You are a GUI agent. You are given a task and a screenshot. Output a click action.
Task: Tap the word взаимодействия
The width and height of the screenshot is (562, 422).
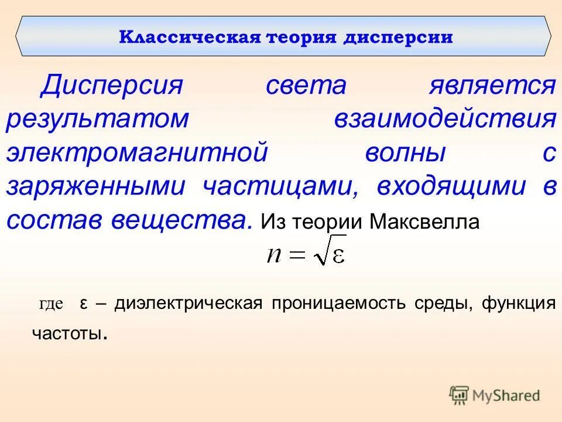tap(445, 119)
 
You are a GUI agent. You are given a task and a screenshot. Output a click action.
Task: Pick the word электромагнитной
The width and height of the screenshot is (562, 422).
tap(137, 153)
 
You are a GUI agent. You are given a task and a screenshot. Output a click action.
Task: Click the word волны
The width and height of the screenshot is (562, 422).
tap(406, 153)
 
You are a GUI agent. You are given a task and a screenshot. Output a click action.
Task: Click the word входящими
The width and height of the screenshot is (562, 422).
tap(451, 186)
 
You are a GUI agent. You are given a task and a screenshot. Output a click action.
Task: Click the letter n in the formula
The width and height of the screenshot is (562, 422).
tap(273, 255)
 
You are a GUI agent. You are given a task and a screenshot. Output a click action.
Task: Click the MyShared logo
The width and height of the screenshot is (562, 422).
tap(495, 395)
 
